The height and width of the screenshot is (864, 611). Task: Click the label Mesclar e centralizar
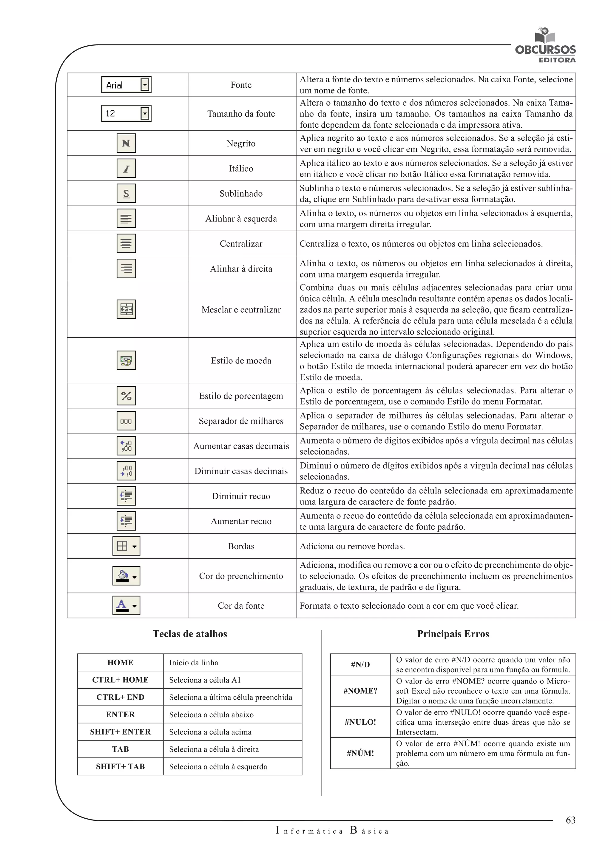[241, 310]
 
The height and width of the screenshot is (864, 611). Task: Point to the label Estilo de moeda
[241, 360]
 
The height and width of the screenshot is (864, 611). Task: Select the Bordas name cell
[241, 546]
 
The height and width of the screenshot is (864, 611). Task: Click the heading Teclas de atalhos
[190, 634]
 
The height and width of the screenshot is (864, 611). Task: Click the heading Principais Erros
[453, 634]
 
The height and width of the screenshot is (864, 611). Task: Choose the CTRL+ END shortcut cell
[121, 697]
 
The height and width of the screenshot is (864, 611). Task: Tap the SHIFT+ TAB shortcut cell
[121, 766]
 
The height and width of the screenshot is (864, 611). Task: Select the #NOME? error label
[360, 691]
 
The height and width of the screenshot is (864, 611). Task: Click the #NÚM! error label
[360, 753]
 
